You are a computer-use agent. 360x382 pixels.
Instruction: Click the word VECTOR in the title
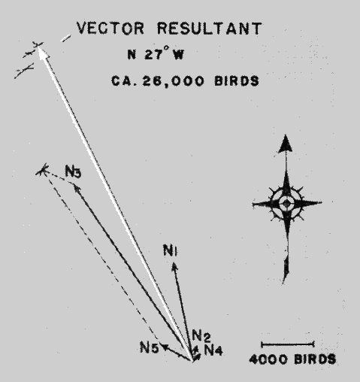click(x=110, y=28)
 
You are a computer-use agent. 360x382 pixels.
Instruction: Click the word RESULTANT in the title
click(x=210, y=28)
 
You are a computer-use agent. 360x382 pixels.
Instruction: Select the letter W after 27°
click(x=178, y=54)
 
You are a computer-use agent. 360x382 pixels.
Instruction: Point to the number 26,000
click(x=173, y=81)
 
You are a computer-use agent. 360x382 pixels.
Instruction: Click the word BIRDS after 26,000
click(x=237, y=81)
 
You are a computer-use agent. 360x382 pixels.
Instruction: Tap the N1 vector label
click(x=171, y=250)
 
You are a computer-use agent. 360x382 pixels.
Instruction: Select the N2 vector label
click(x=201, y=335)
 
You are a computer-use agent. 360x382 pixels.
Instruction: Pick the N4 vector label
click(x=213, y=350)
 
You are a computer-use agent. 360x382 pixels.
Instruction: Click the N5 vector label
click(x=150, y=347)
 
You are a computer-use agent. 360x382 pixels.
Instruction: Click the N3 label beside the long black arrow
click(x=73, y=171)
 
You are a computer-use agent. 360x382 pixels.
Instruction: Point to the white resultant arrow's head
click(x=43, y=52)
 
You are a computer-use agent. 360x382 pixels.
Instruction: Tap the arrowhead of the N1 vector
click(x=174, y=267)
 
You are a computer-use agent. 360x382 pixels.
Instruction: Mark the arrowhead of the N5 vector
click(x=165, y=347)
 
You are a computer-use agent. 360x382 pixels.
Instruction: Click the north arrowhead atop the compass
click(x=286, y=144)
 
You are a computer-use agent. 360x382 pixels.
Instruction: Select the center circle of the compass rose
click(x=286, y=203)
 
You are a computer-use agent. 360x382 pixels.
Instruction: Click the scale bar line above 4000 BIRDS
click(x=288, y=344)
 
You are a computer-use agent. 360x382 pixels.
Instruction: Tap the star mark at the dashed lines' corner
click(x=43, y=171)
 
